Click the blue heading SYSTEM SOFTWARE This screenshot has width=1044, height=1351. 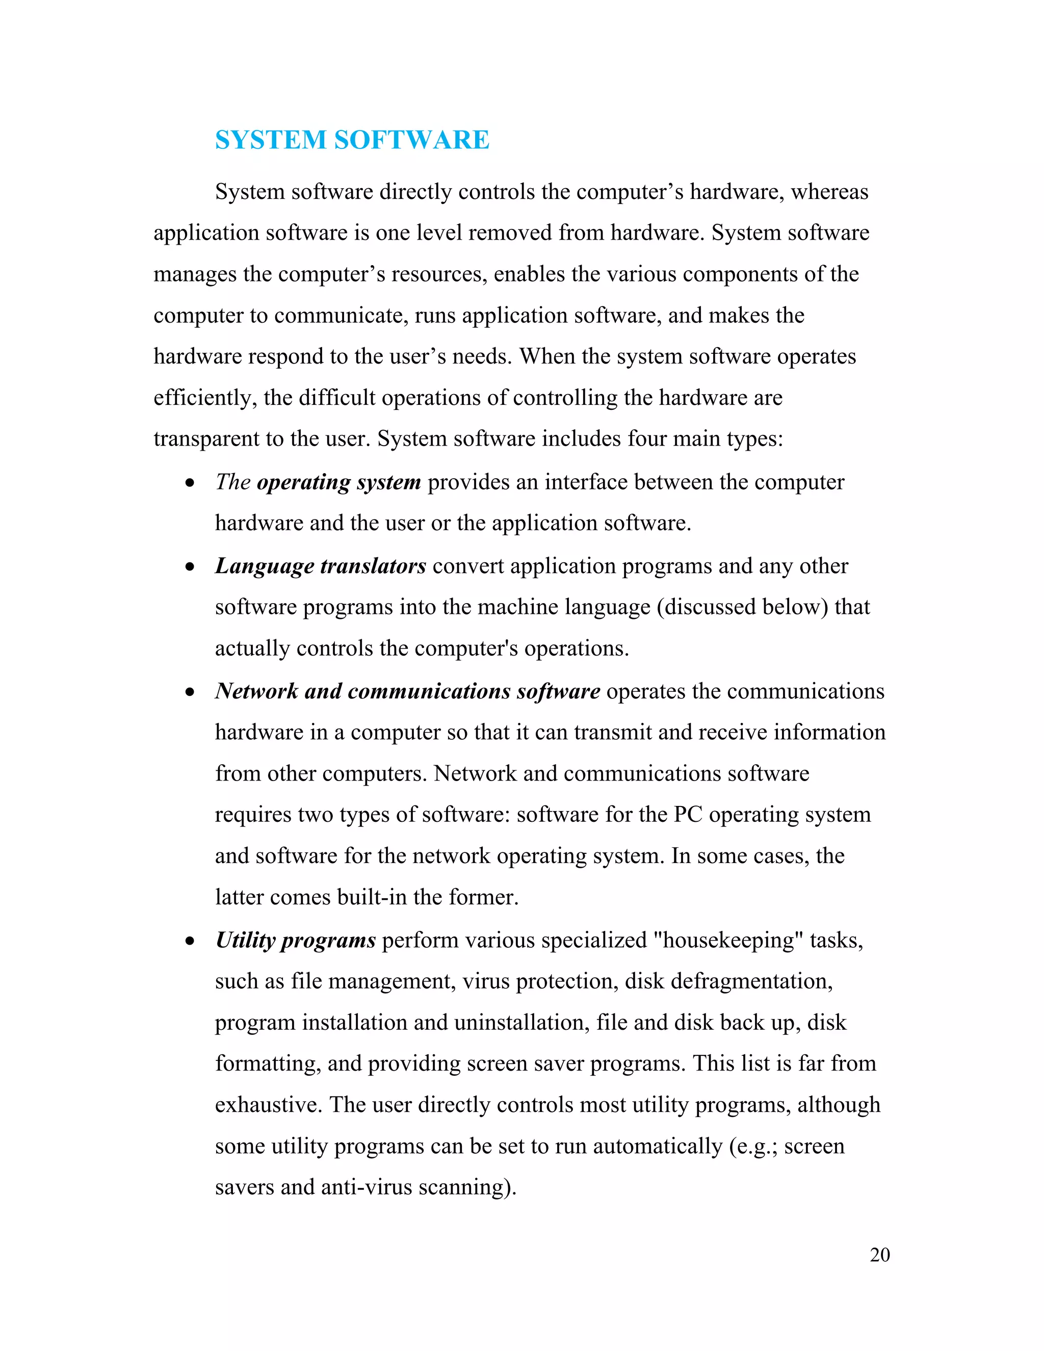(x=352, y=140)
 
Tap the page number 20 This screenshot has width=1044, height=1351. (x=879, y=1255)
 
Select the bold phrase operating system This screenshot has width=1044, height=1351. (x=338, y=482)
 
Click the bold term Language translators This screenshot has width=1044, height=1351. (x=320, y=566)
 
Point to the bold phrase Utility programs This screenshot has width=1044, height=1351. (x=296, y=940)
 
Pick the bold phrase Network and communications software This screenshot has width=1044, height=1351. (x=408, y=691)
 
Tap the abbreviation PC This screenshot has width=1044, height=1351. (x=688, y=815)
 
